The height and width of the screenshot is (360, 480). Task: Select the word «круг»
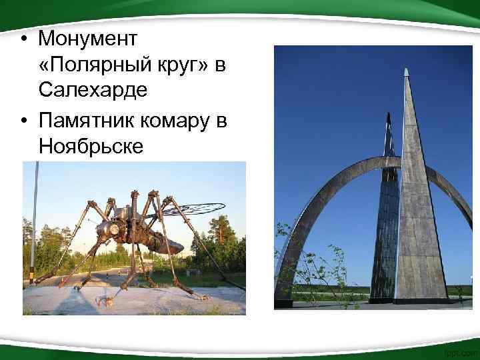(x=176, y=64)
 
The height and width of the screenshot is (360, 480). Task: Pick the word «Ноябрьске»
(x=91, y=145)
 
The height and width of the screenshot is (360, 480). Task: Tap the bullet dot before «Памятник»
(x=23, y=121)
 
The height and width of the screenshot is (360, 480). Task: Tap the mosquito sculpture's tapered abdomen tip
(x=178, y=248)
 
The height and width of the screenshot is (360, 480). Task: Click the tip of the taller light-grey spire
(x=405, y=70)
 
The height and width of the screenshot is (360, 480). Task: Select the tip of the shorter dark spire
(x=389, y=115)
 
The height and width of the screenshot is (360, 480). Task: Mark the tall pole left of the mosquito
(x=33, y=220)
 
